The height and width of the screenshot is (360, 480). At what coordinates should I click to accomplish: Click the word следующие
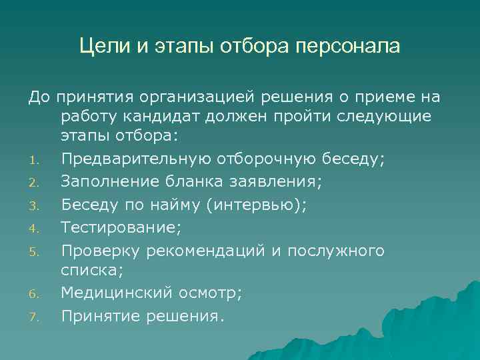pyautogui.click(x=393, y=117)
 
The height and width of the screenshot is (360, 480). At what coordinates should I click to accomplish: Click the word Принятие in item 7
pyautogui.click(x=99, y=316)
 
